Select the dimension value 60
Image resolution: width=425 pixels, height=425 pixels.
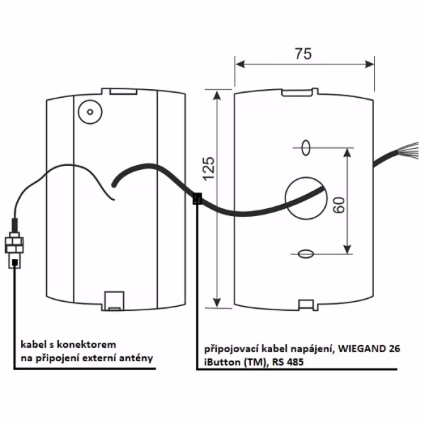click(x=338, y=205)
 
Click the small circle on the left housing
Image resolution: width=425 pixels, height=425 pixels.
click(x=89, y=111)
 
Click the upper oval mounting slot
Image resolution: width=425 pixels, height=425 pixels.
click(x=306, y=147)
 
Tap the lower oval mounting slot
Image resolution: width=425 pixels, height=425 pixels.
click(x=306, y=253)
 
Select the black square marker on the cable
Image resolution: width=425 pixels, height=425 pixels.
click(x=198, y=199)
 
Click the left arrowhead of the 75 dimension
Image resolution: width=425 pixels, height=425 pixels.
click(x=239, y=64)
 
